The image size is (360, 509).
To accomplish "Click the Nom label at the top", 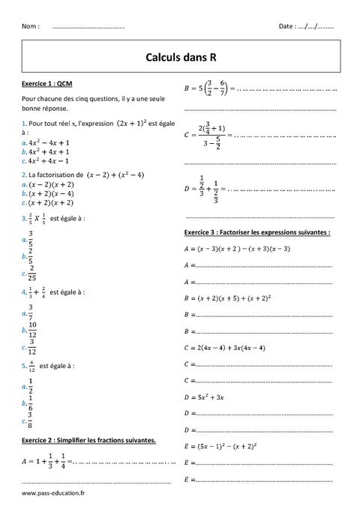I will pyautogui.click(x=31, y=26).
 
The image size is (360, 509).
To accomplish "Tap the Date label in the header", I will pyautogui.click(x=287, y=26).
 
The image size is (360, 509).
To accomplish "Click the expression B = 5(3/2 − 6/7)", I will pyautogui.click(x=211, y=88).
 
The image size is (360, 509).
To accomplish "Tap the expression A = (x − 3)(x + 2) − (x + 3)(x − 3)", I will pyautogui.click(x=237, y=248).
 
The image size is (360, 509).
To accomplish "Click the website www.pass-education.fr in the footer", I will pyautogui.click(x=54, y=493).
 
